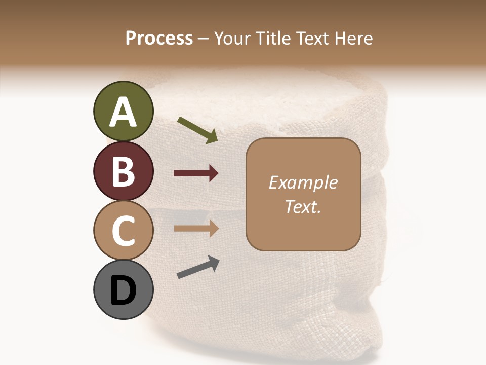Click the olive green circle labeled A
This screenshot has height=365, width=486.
pos(124,112)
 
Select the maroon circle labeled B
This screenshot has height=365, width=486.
pos(124,171)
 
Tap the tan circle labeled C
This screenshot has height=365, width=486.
pos(124,230)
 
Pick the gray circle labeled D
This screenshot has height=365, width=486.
pos(124,289)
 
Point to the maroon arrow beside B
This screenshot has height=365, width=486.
pos(196,173)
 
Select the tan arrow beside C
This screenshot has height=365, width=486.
pos(196,229)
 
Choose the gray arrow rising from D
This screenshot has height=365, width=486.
pos(198,267)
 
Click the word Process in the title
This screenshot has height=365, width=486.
pos(159,39)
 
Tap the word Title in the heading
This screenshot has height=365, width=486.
pos(273,39)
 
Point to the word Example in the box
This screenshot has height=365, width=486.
pos(303,182)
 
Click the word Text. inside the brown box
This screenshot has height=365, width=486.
pos(303,206)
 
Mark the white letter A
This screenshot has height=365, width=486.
pos(124,112)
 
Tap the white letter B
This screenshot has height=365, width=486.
pos(124,171)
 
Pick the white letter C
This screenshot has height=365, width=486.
pos(124,231)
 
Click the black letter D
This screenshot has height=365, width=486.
pos(124,290)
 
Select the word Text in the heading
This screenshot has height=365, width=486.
pos(312,39)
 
